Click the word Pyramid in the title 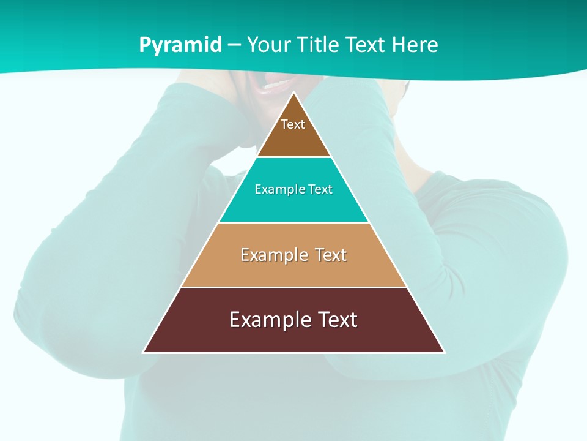pyautogui.click(x=180, y=45)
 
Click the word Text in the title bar pyautogui.click(x=366, y=45)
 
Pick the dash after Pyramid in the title pyautogui.click(x=234, y=45)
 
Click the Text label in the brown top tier pyautogui.click(x=293, y=124)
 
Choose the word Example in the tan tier pyautogui.click(x=271, y=255)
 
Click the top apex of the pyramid pyautogui.click(x=293, y=92)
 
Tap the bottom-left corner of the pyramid pyautogui.click(x=144, y=352)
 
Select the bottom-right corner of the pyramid pyautogui.click(x=444, y=352)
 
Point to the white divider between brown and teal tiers pyautogui.click(x=293, y=157)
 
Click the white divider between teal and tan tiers pyautogui.click(x=293, y=222)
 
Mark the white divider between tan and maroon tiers pyautogui.click(x=293, y=287)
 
